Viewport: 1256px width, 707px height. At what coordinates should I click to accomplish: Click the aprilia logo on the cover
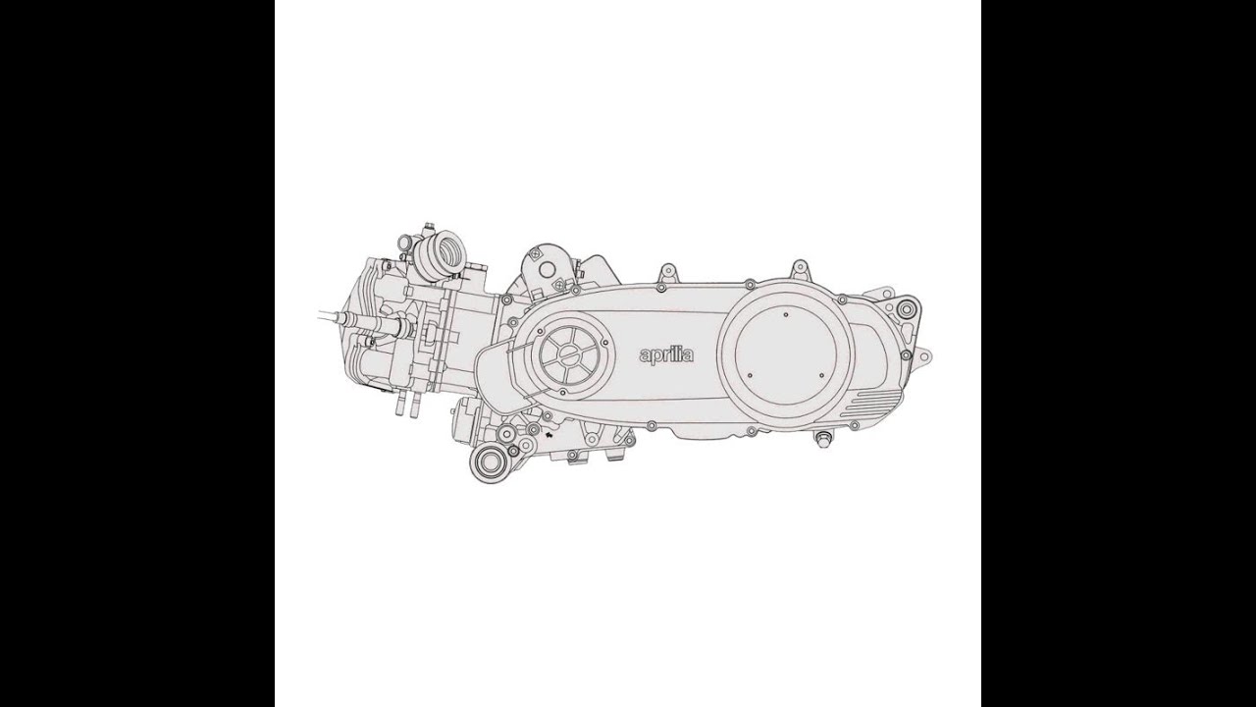pos(666,354)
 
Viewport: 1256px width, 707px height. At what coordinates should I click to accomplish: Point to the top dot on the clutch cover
pos(786,314)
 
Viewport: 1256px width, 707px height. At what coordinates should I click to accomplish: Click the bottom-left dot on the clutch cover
pos(749,375)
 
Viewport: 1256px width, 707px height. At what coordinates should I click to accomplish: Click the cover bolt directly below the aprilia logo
pos(651,425)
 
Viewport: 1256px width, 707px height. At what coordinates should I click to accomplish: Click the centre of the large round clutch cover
pos(787,345)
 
